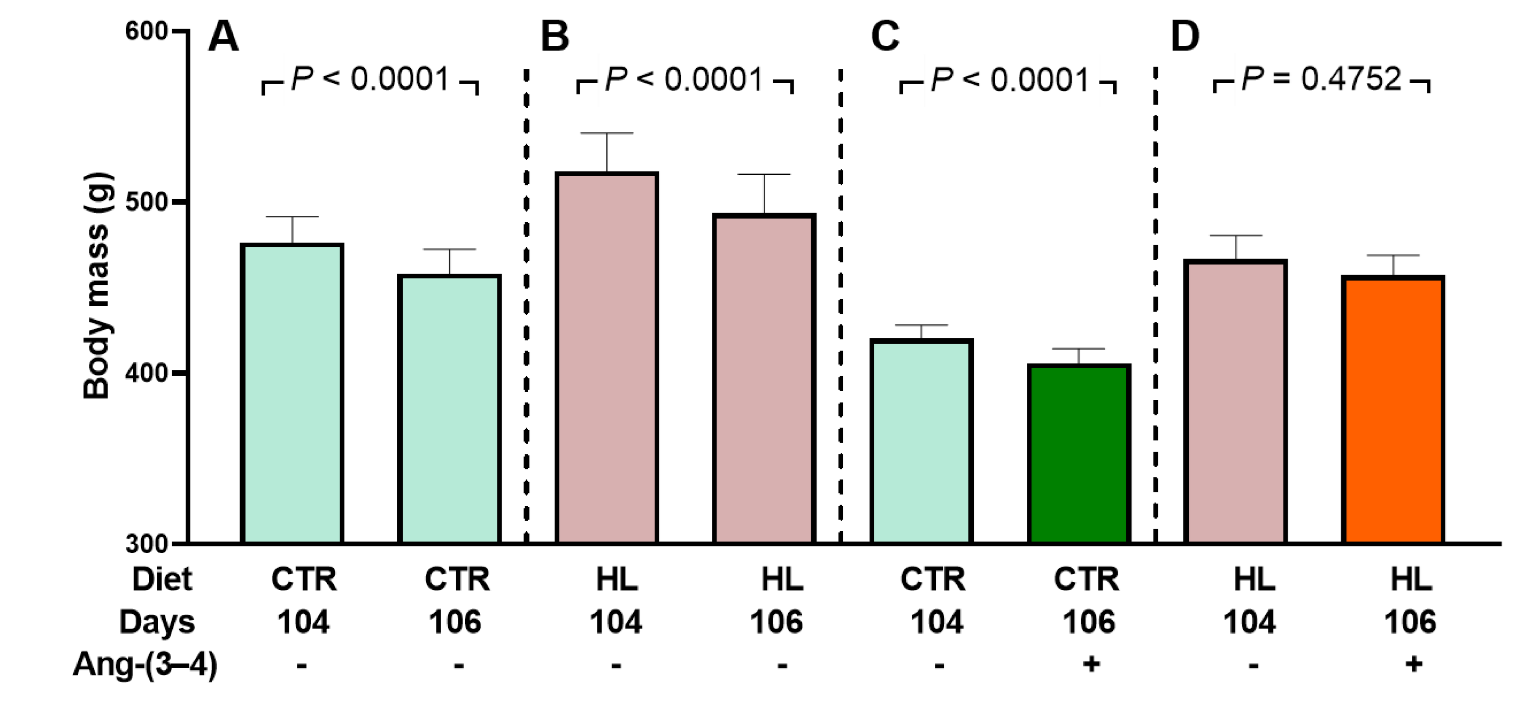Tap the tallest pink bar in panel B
[x=606, y=358]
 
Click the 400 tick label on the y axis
[x=147, y=373]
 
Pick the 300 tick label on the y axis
[x=147, y=544]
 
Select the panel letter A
[x=223, y=37]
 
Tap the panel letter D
[x=1185, y=37]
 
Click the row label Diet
[x=162, y=579]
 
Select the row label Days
[x=157, y=622]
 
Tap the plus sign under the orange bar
[x=1413, y=664]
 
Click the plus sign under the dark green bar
[x=1091, y=664]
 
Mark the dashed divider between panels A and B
[x=526, y=308]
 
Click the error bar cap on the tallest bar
[x=606, y=134]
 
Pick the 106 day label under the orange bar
[x=1409, y=622]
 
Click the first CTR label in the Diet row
[x=304, y=579]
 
